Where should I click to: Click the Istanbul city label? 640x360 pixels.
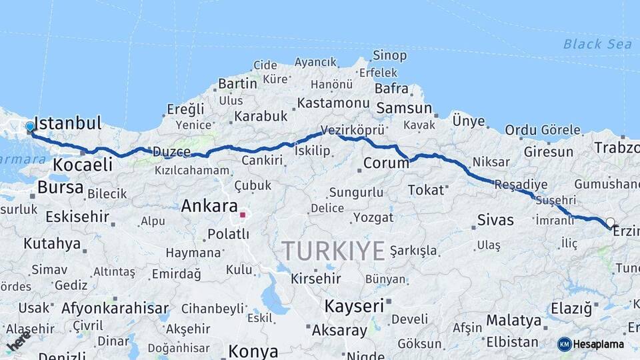coord(67,123)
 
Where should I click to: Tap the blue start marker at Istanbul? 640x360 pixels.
coord(30,126)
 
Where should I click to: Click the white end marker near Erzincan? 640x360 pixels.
coord(610,222)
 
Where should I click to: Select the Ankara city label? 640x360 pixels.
coord(209,206)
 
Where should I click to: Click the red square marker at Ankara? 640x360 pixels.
coord(243,215)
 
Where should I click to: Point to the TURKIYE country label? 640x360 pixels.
coord(333,251)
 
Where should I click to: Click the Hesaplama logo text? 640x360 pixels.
coord(599,344)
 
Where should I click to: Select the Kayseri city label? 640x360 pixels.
coord(354,306)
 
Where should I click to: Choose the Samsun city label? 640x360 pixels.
coord(404,108)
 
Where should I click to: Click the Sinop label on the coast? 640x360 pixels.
coord(390,55)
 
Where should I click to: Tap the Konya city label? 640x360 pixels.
coord(253,351)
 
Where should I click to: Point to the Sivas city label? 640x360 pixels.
coord(495,219)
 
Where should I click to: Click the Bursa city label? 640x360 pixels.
coord(60,187)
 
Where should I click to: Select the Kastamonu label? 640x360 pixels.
coord(333,103)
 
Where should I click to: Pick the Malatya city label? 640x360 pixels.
coord(513,321)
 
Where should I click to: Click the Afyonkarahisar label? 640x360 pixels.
coord(115,308)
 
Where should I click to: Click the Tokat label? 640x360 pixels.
coord(426,190)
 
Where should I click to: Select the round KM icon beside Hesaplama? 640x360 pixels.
coord(565,344)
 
